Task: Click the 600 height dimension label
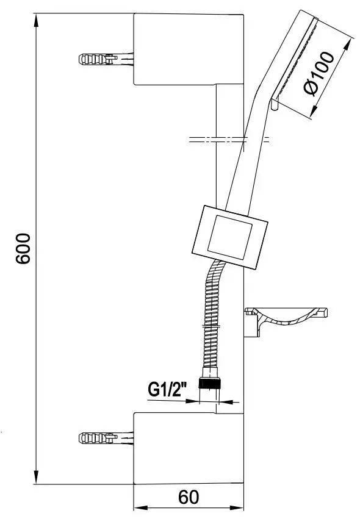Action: click(x=24, y=248)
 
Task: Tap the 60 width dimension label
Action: click(x=189, y=497)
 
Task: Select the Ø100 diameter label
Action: click(x=319, y=74)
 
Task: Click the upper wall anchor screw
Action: click(x=106, y=59)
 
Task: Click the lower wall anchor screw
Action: click(x=106, y=438)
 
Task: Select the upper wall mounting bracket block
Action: click(x=189, y=49)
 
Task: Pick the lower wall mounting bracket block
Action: click(x=189, y=448)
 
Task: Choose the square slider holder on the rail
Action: click(x=230, y=237)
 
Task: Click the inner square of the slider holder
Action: click(x=230, y=237)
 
